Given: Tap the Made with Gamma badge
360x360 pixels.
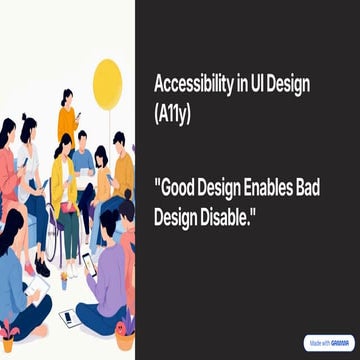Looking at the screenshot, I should (328, 343).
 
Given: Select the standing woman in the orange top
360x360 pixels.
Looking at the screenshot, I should (67, 115).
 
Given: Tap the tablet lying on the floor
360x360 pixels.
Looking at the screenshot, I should (69, 318).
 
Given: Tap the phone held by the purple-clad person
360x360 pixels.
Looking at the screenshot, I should (87, 262).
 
